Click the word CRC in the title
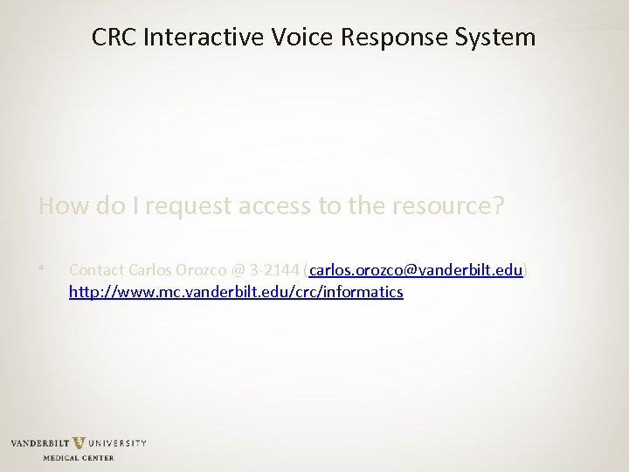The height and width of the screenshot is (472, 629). tap(113, 38)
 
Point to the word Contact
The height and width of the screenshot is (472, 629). tap(95, 271)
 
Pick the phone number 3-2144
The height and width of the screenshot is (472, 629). tap(273, 271)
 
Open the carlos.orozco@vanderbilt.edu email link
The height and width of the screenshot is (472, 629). tap(416, 271)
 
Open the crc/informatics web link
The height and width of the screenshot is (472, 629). tap(236, 292)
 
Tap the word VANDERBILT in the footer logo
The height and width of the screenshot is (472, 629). tap(40, 444)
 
